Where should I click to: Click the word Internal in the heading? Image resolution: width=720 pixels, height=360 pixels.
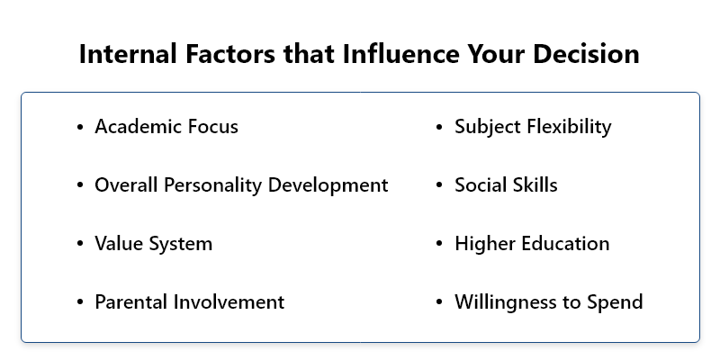tap(128, 53)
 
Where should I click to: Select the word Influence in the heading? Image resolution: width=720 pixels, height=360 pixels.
tap(400, 53)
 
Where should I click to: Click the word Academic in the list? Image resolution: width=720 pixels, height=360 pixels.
tap(138, 126)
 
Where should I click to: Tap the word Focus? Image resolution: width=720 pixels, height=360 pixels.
tap(212, 126)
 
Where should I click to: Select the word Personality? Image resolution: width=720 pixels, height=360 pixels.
tap(213, 185)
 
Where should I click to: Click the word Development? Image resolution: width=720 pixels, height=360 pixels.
tap(328, 185)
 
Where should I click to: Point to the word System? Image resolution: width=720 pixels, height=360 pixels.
tap(181, 244)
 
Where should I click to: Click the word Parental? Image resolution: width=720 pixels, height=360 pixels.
tap(131, 302)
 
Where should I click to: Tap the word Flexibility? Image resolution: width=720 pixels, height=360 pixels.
tap(569, 127)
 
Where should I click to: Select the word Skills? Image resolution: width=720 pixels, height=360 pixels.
tap(535, 185)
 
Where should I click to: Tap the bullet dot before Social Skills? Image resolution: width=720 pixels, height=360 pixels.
tap(439, 185)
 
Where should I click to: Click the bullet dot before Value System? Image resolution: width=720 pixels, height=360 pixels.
tap(80, 244)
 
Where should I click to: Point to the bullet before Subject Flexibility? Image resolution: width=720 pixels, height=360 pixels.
tap(439, 127)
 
